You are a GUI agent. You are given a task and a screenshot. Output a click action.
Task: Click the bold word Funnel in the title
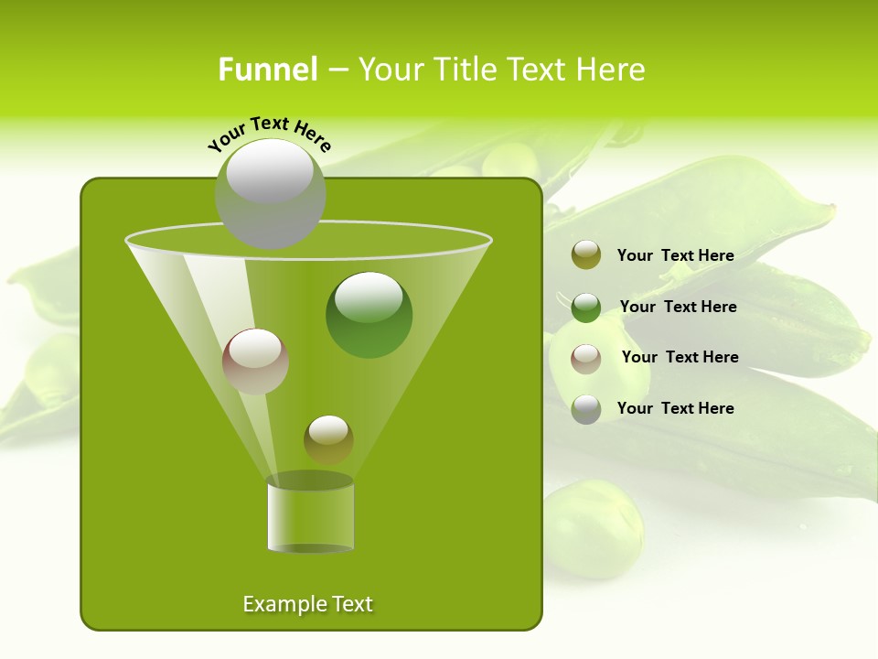(x=267, y=70)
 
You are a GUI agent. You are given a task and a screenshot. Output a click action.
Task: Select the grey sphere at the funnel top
(x=271, y=193)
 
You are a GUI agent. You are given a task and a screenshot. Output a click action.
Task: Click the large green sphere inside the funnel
(x=369, y=315)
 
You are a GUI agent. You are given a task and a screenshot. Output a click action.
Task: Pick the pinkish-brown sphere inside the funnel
(x=255, y=361)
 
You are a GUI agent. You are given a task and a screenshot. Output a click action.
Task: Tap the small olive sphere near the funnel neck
(x=328, y=439)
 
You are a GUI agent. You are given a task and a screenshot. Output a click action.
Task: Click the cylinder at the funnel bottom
(x=310, y=514)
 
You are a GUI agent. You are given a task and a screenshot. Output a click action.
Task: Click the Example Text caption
(x=307, y=604)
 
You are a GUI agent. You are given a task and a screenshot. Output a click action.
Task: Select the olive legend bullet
(x=586, y=255)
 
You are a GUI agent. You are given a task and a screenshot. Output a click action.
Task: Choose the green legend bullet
(x=586, y=307)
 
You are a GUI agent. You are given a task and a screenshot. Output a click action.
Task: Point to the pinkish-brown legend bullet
(x=586, y=358)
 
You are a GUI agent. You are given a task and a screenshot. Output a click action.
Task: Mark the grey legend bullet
(x=586, y=409)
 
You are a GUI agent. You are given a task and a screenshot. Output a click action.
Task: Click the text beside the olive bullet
(x=675, y=255)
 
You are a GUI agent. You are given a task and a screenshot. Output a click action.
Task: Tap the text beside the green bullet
(x=678, y=307)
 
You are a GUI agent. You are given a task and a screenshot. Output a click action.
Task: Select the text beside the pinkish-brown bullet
(x=680, y=357)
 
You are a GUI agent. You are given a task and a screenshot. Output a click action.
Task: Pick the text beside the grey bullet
(x=675, y=408)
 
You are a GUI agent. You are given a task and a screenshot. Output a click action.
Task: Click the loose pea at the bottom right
(x=593, y=528)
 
